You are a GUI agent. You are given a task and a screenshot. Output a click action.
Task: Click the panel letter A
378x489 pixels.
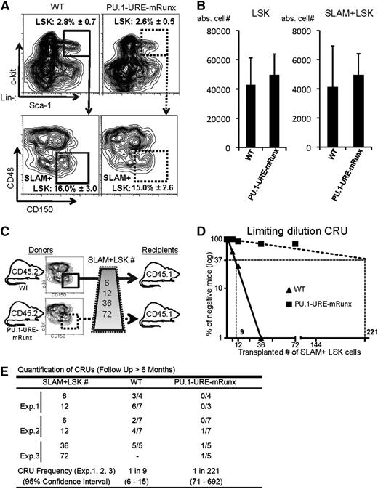(x=7, y=7)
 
